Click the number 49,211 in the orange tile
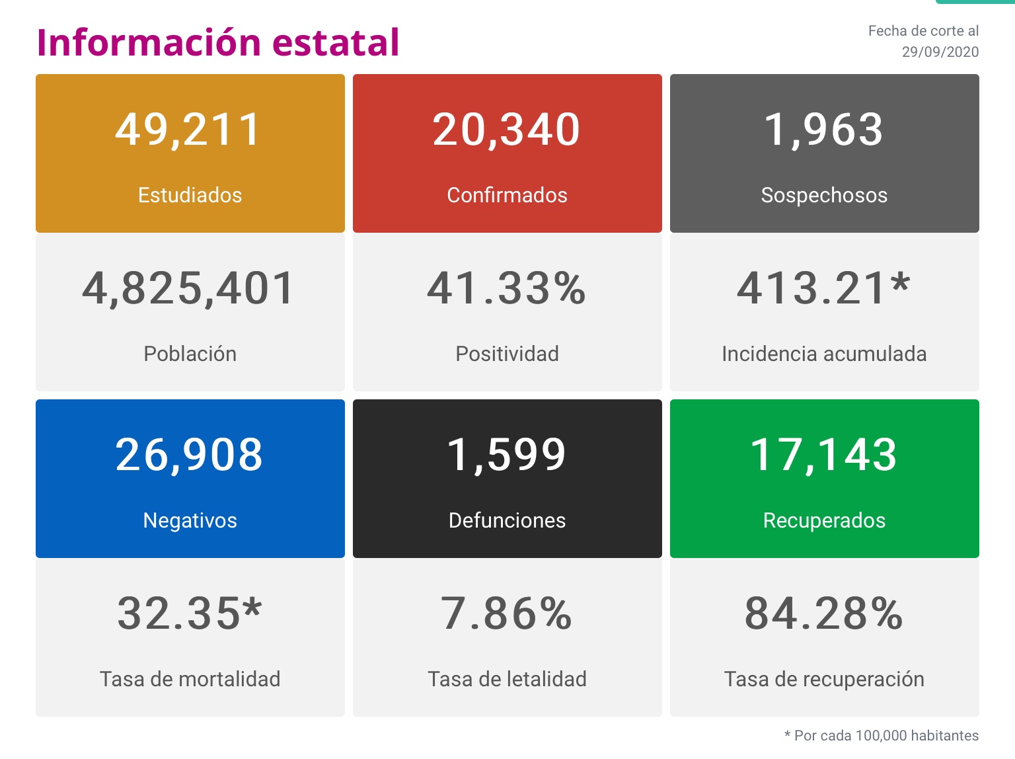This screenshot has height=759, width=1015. (189, 130)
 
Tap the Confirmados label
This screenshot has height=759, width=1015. (507, 195)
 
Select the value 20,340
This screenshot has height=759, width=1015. (507, 130)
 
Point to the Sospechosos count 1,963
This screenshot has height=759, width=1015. (823, 130)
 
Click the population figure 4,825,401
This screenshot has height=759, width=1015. (189, 289)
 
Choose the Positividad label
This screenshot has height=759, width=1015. (507, 354)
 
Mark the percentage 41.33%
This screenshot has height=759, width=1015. (507, 289)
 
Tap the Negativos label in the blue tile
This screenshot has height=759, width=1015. (190, 520)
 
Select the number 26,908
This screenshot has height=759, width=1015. (189, 455)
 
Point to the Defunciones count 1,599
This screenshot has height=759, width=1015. (507, 455)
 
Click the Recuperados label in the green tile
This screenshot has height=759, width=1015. (824, 520)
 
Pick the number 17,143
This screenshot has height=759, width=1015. (823, 455)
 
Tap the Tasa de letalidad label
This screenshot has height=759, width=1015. (507, 679)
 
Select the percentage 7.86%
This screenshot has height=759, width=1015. (507, 614)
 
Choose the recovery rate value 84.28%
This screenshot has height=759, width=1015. (823, 614)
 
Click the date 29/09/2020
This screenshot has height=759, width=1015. (940, 52)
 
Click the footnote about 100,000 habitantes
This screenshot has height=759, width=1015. (881, 735)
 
